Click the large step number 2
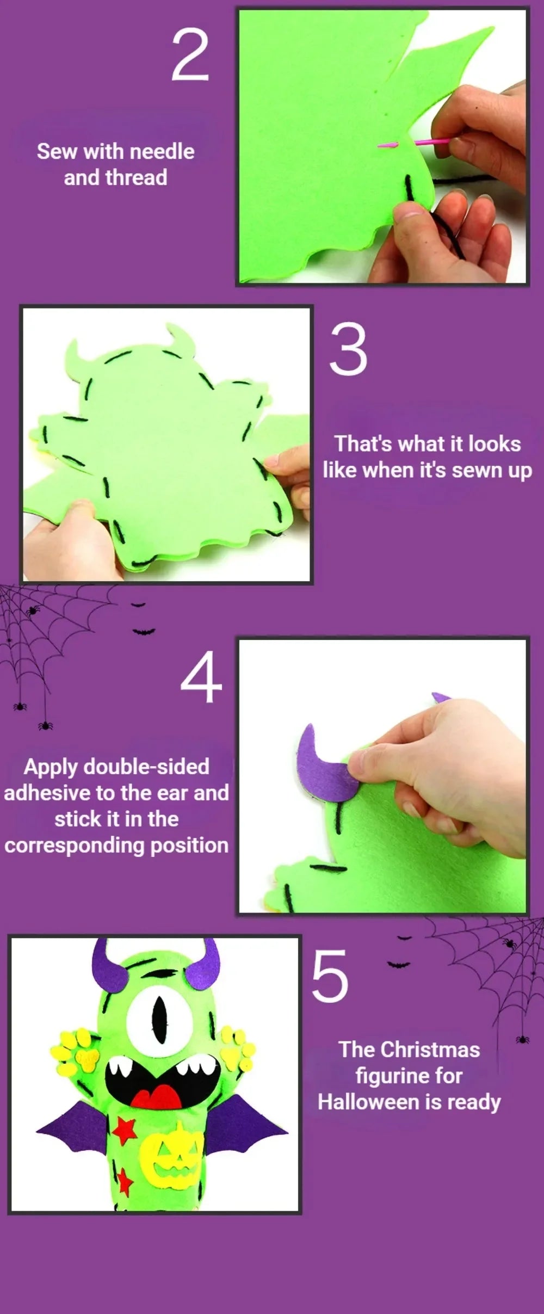190,55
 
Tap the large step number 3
348,349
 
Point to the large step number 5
330,976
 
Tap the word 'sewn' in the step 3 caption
476,470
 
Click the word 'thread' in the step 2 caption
136,178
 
